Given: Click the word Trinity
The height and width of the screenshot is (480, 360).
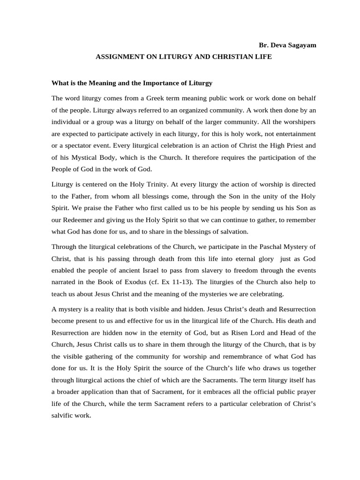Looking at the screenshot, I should click(x=143, y=184).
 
